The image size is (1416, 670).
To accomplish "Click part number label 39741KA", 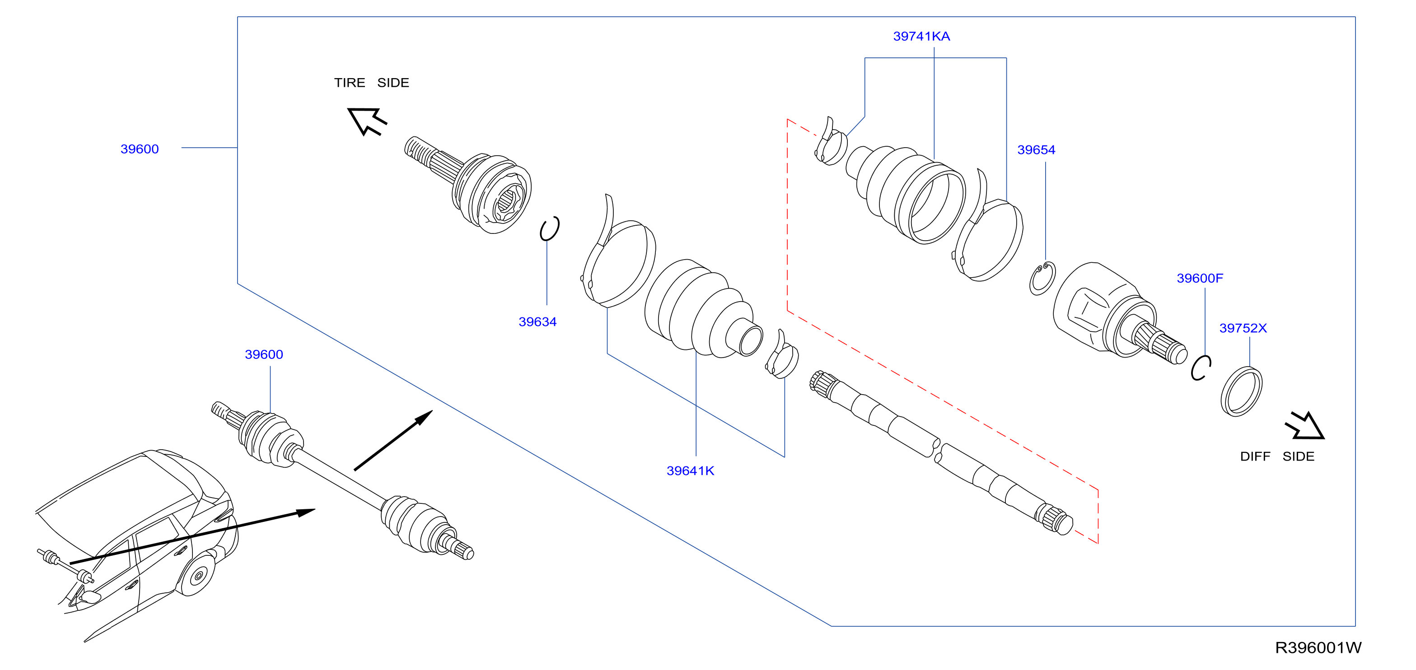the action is [921, 36].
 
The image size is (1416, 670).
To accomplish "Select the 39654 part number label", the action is [1036, 149].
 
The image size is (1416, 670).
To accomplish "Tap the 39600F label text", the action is [1200, 278].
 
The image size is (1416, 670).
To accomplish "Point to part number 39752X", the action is [1243, 328].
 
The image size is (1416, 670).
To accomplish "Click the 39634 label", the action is [537, 321].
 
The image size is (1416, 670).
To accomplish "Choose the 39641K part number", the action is [691, 470].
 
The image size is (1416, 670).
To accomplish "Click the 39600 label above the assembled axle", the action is [264, 354].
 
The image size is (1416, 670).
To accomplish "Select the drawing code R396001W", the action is [1318, 647].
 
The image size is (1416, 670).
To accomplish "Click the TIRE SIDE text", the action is [372, 83].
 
